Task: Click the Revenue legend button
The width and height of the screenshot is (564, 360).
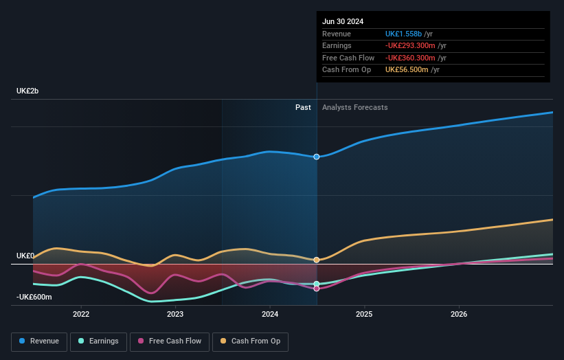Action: (39, 341)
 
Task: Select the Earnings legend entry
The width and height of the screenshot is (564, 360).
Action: (98, 341)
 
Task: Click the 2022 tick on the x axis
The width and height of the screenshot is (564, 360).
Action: (81, 315)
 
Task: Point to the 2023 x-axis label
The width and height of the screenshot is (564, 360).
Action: (175, 315)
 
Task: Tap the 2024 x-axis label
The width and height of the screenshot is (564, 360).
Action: (270, 315)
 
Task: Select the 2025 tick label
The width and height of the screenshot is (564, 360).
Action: (364, 315)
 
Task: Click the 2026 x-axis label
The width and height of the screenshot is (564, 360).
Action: (459, 315)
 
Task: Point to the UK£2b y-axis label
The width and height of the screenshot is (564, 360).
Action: (28, 91)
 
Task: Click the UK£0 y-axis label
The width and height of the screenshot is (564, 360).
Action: (25, 256)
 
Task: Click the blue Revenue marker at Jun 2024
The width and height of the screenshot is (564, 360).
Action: (317, 157)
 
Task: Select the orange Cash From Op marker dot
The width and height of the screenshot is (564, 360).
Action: (317, 260)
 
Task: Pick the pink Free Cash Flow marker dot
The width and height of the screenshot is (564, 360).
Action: (317, 289)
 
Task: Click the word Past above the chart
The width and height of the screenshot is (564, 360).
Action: (303, 107)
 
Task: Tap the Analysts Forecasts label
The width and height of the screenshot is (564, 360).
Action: (354, 107)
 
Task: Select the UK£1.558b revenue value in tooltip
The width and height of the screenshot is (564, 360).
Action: (403, 34)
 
